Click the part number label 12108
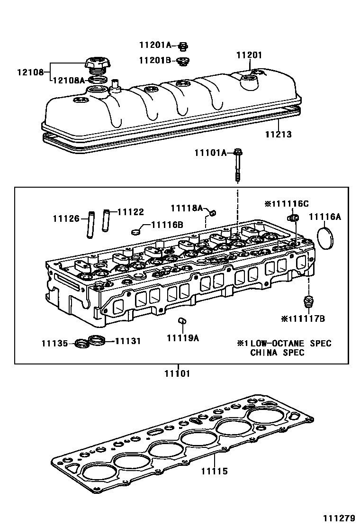pyautogui.click(x=30, y=73)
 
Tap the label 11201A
pyautogui.click(x=155, y=45)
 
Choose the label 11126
pyautogui.click(x=66, y=218)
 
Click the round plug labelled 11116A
pyautogui.click(x=324, y=238)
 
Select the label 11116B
pyautogui.click(x=167, y=225)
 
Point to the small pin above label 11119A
pyautogui.click(x=180, y=322)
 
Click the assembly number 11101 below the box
pyautogui.click(x=177, y=374)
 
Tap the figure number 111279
pyautogui.click(x=339, y=518)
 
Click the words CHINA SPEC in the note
pyautogui.click(x=277, y=353)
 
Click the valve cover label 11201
pyautogui.click(x=249, y=55)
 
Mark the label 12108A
pyautogui.click(x=68, y=81)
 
